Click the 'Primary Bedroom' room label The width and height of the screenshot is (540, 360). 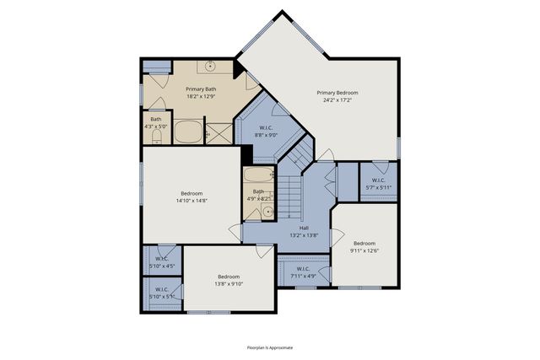[x=337, y=93]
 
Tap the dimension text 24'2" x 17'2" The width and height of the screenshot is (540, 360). [x=337, y=100]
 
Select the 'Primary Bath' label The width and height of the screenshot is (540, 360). [x=192, y=89]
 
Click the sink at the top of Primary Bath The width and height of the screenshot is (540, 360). [x=209, y=67]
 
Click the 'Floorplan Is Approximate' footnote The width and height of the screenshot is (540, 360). [x=270, y=347]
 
